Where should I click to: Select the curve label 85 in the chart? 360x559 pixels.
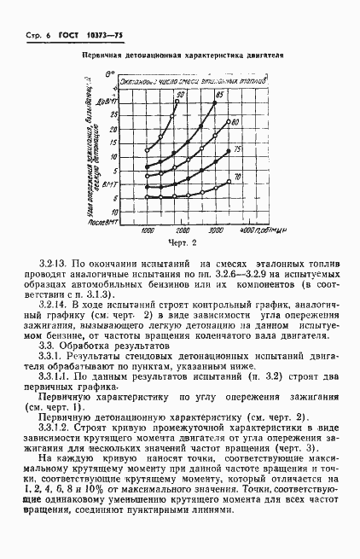coord(220,93)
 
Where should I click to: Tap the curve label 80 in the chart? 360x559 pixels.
coord(233,122)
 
